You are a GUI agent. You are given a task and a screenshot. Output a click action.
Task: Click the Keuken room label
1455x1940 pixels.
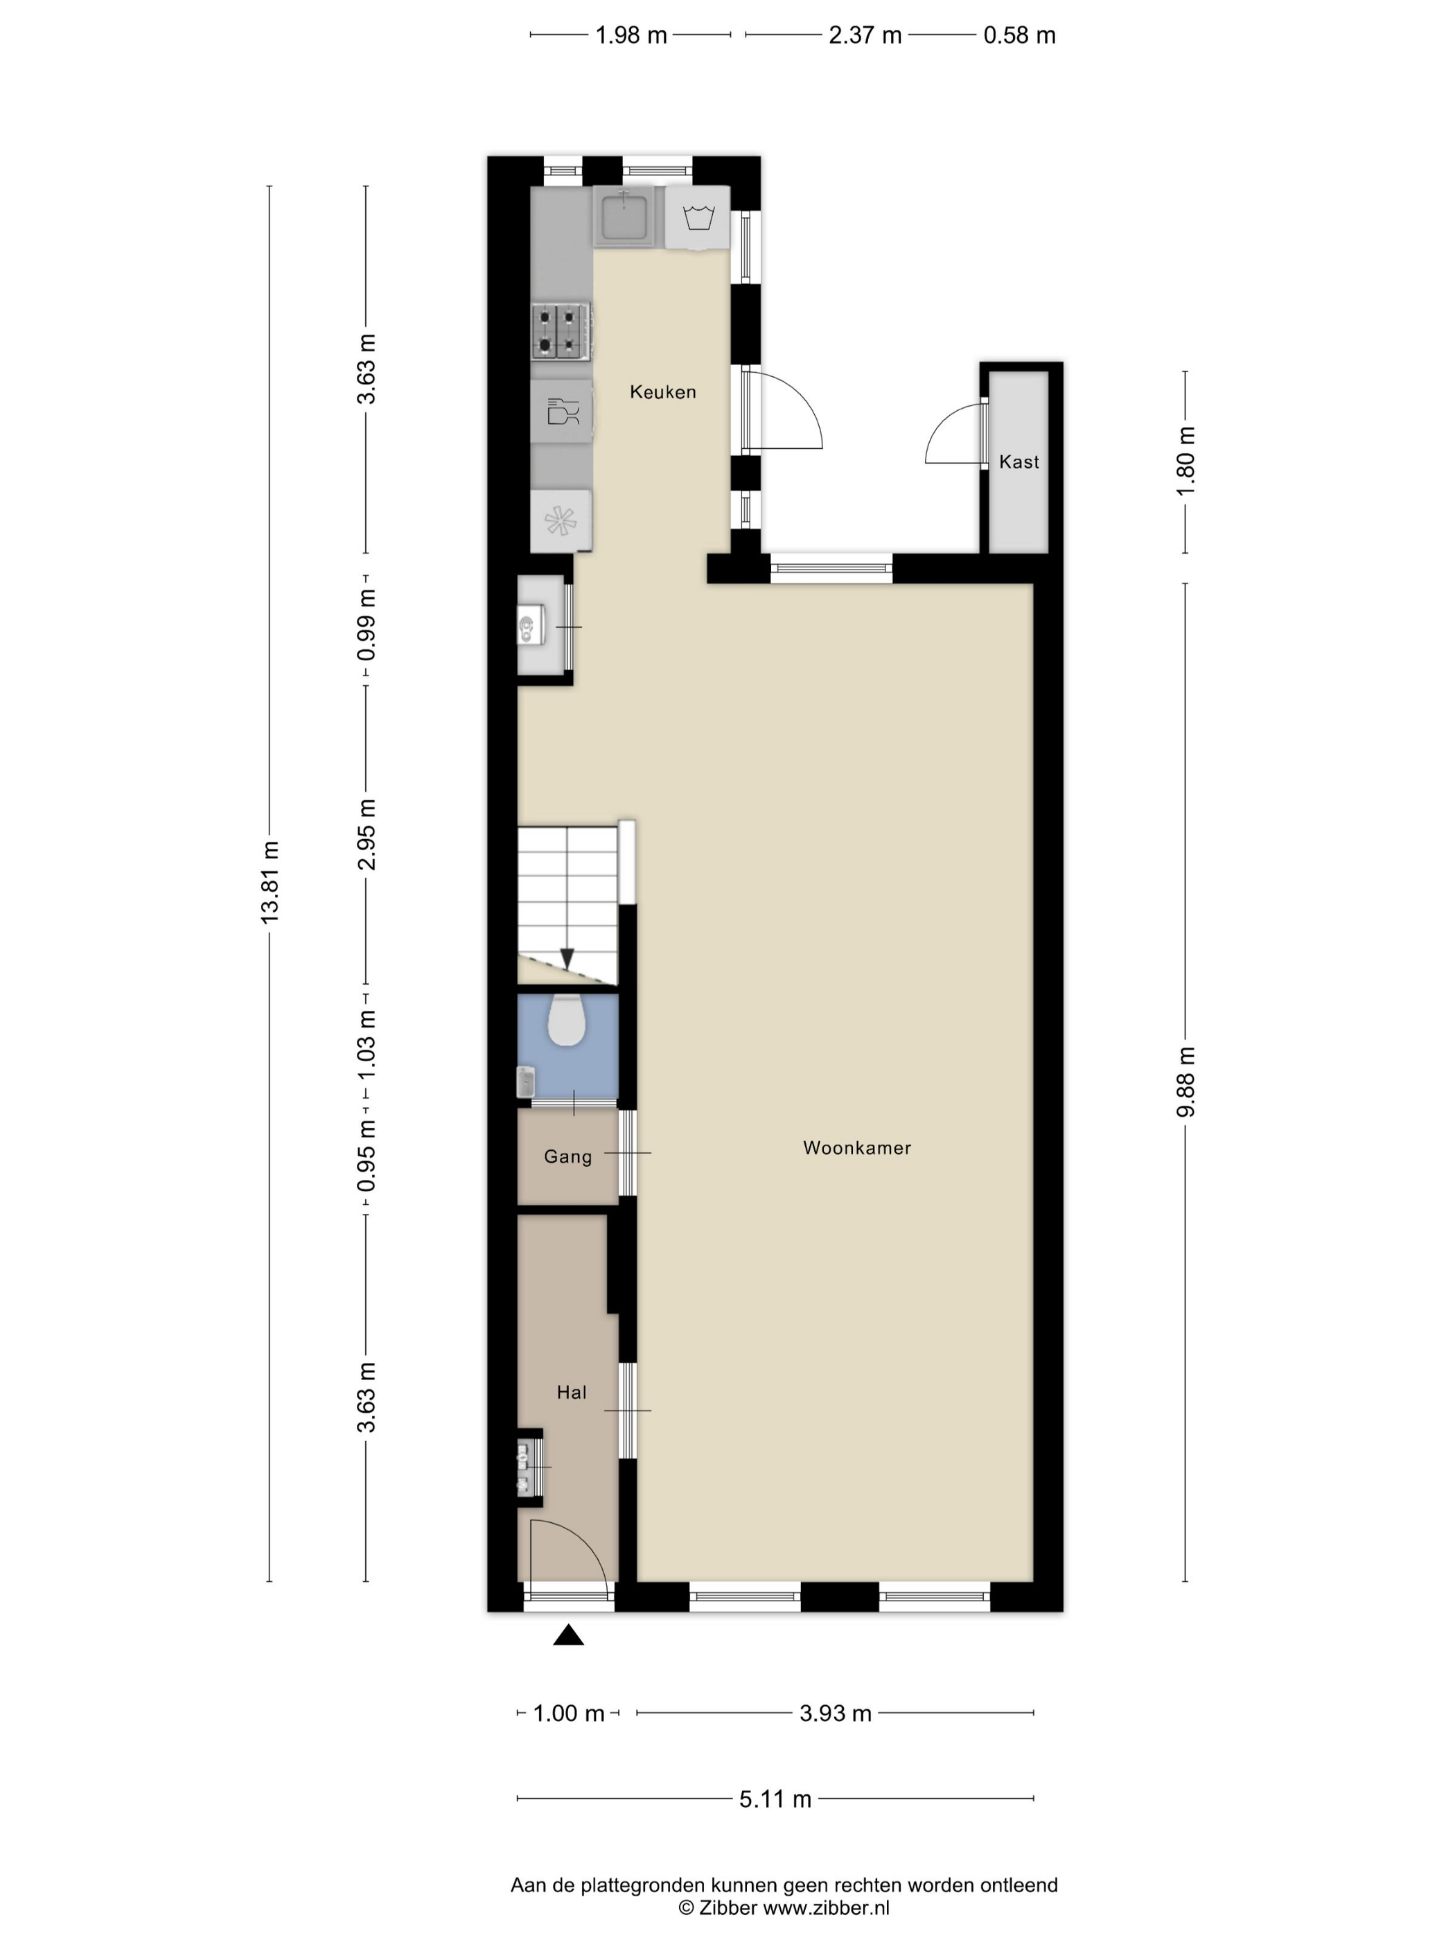coord(662,392)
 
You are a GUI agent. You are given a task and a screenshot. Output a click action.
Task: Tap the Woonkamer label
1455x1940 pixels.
coord(857,1148)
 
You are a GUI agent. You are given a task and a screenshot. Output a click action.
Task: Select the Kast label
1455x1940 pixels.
coord(1018,461)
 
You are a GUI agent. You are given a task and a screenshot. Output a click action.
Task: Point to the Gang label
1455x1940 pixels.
coord(567,1157)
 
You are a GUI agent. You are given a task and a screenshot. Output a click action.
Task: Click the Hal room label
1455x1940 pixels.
coord(572,1392)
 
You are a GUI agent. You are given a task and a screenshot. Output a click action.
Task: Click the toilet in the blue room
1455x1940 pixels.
coord(567,1020)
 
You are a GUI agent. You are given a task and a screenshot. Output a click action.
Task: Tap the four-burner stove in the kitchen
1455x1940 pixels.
coord(561,330)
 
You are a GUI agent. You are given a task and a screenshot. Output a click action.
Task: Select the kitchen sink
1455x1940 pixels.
coord(624,215)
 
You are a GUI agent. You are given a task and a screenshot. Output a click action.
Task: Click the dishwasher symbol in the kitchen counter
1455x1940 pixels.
coord(561,410)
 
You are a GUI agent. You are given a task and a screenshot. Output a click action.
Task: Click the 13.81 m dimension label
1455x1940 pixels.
coord(270,881)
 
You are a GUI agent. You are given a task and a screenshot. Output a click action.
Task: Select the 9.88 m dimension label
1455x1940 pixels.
coord(1185,1082)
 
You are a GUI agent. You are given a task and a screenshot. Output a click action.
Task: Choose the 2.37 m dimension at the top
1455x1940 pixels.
coord(865,35)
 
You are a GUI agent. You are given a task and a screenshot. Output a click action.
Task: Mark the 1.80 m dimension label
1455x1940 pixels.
coord(1185,461)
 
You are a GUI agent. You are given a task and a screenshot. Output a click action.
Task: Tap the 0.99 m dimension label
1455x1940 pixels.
coord(367,624)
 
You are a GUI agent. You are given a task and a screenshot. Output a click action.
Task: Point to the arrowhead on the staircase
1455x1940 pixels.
coord(567,960)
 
